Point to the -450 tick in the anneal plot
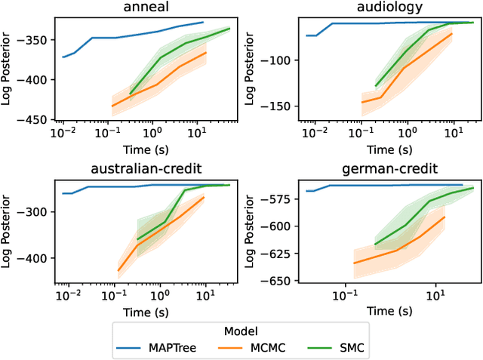(35, 119)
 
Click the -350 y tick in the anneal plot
(35, 39)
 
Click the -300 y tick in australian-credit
(35, 212)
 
